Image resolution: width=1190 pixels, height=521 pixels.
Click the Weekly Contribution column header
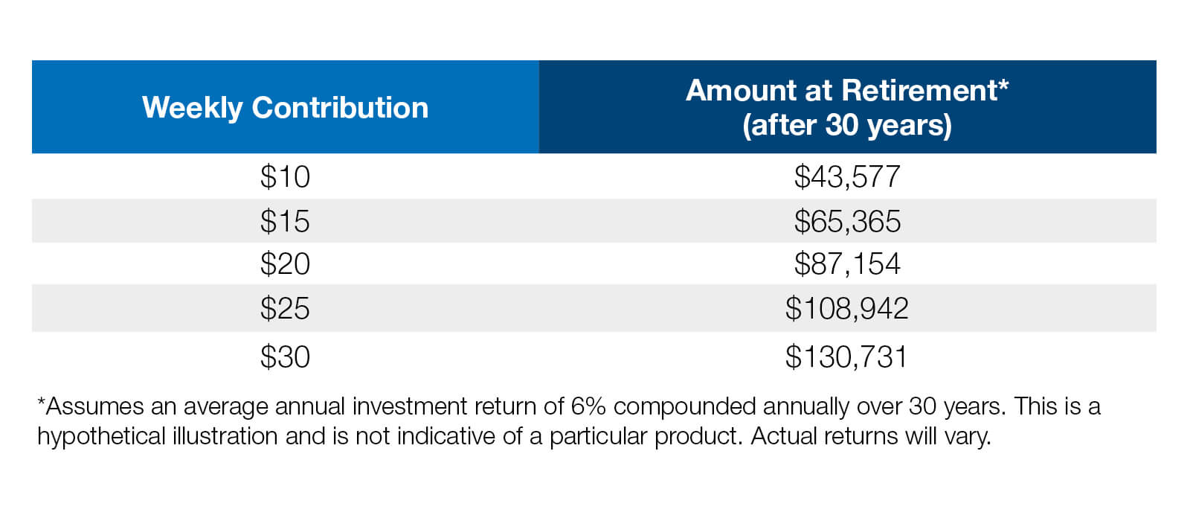click(285, 108)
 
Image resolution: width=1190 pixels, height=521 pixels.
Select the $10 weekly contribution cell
click(285, 177)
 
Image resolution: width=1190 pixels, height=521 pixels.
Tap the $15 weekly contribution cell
click(285, 221)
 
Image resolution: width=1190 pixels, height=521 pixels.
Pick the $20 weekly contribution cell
click(285, 264)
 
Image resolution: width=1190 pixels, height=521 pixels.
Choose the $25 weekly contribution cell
click(285, 308)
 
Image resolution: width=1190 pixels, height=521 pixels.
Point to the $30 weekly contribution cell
click(285, 357)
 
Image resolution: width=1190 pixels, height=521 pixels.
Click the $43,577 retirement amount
click(847, 177)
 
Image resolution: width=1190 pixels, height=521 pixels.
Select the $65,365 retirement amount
click(847, 221)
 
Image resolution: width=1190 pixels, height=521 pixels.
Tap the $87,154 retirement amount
click(847, 264)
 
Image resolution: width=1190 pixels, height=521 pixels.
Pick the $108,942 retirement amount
click(847, 308)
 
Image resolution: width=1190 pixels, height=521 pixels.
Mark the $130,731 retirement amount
click(847, 357)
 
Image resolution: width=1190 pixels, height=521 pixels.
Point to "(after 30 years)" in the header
click(847, 125)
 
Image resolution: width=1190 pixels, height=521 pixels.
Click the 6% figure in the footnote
click(588, 406)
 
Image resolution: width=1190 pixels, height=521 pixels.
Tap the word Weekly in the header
click(192, 108)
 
